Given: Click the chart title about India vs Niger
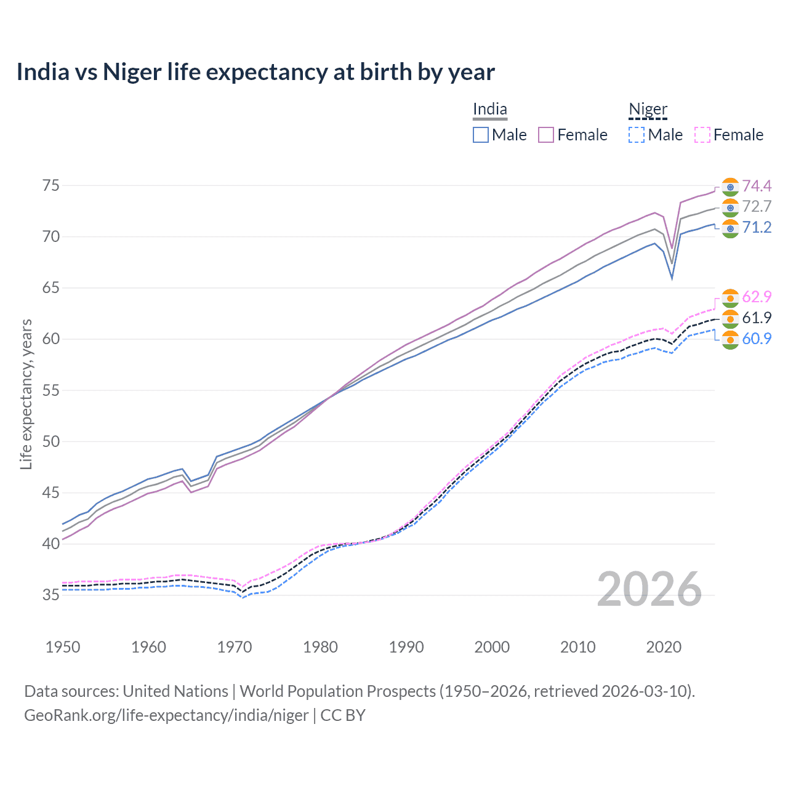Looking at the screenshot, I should point(255,72).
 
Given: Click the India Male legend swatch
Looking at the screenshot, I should point(481,135).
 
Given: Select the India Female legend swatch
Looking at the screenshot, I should point(547,135).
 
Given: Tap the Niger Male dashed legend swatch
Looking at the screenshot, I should point(637,135).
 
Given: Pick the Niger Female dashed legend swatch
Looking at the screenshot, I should point(702,135).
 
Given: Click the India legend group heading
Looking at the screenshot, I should point(490,110).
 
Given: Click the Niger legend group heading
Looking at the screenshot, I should point(648,110).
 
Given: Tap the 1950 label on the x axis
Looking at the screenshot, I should point(63,647).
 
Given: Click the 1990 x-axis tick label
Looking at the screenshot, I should point(406,647).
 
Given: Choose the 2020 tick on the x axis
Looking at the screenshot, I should point(664,647).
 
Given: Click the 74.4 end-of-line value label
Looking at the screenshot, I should point(757,186).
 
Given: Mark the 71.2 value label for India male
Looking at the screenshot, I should point(757,228).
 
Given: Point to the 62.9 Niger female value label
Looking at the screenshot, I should point(757,297).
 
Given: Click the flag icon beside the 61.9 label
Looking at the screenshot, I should point(730,318).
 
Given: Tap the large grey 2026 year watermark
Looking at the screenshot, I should point(649,589).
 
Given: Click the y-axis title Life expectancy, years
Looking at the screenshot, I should point(26,394).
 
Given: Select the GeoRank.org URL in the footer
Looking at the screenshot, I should point(166,715).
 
